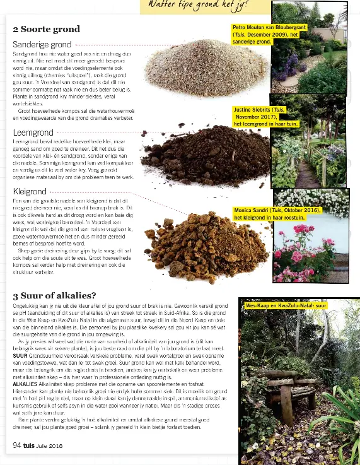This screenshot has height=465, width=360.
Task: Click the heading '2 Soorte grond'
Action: point(46,29)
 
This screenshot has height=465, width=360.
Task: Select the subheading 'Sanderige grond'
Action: point(42,45)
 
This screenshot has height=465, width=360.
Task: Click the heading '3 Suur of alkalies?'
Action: point(54,295)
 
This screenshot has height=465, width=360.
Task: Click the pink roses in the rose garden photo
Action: point(296,252)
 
